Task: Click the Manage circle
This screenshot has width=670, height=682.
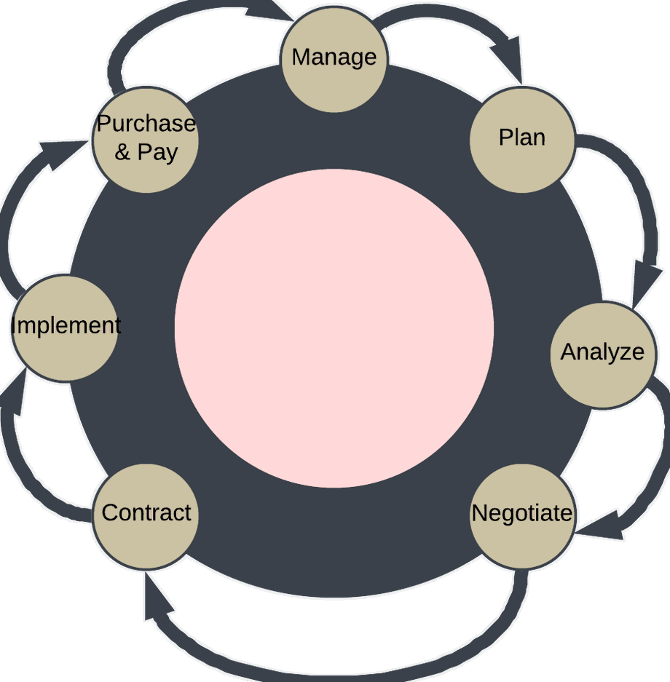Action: coord(334,58)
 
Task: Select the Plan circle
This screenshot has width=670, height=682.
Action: coord(522,138)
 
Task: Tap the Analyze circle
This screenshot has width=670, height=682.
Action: coord(602,354)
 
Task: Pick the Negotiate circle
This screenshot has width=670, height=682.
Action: coord(522,515)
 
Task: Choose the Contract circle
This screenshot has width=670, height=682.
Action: coord(146,515)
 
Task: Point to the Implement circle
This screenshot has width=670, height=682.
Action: coord(66,328)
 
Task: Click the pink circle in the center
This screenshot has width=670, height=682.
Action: coord(334,328)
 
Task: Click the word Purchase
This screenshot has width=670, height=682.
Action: coord(146,124)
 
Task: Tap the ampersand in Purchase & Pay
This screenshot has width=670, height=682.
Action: coord(122,153)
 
